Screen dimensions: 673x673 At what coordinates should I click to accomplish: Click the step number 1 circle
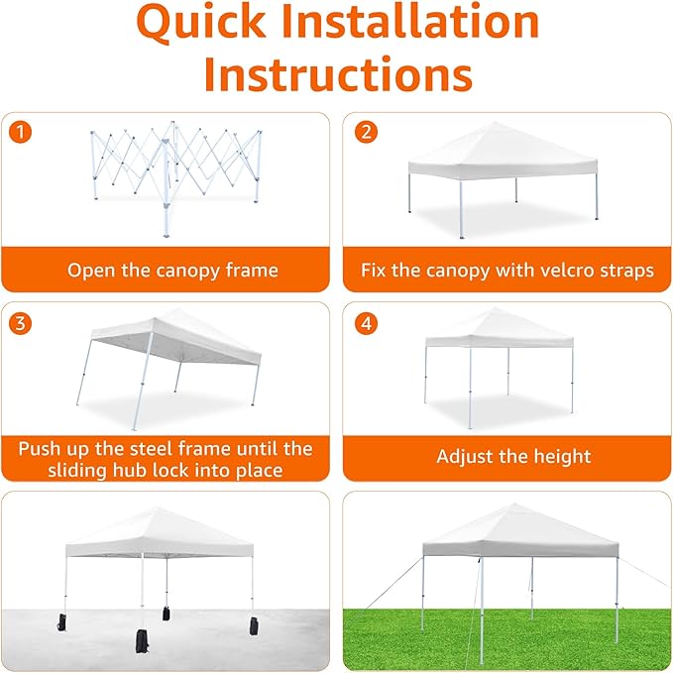coord(18,130)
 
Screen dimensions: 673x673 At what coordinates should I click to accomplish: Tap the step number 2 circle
coord(367,130)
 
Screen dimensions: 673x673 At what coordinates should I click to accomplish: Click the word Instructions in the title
coord(337,74)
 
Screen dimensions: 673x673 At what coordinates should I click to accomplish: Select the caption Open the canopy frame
coord(171,270)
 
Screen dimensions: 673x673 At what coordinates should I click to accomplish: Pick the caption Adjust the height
coord(513,457)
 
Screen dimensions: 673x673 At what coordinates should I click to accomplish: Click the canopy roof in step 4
coord(500,329)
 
